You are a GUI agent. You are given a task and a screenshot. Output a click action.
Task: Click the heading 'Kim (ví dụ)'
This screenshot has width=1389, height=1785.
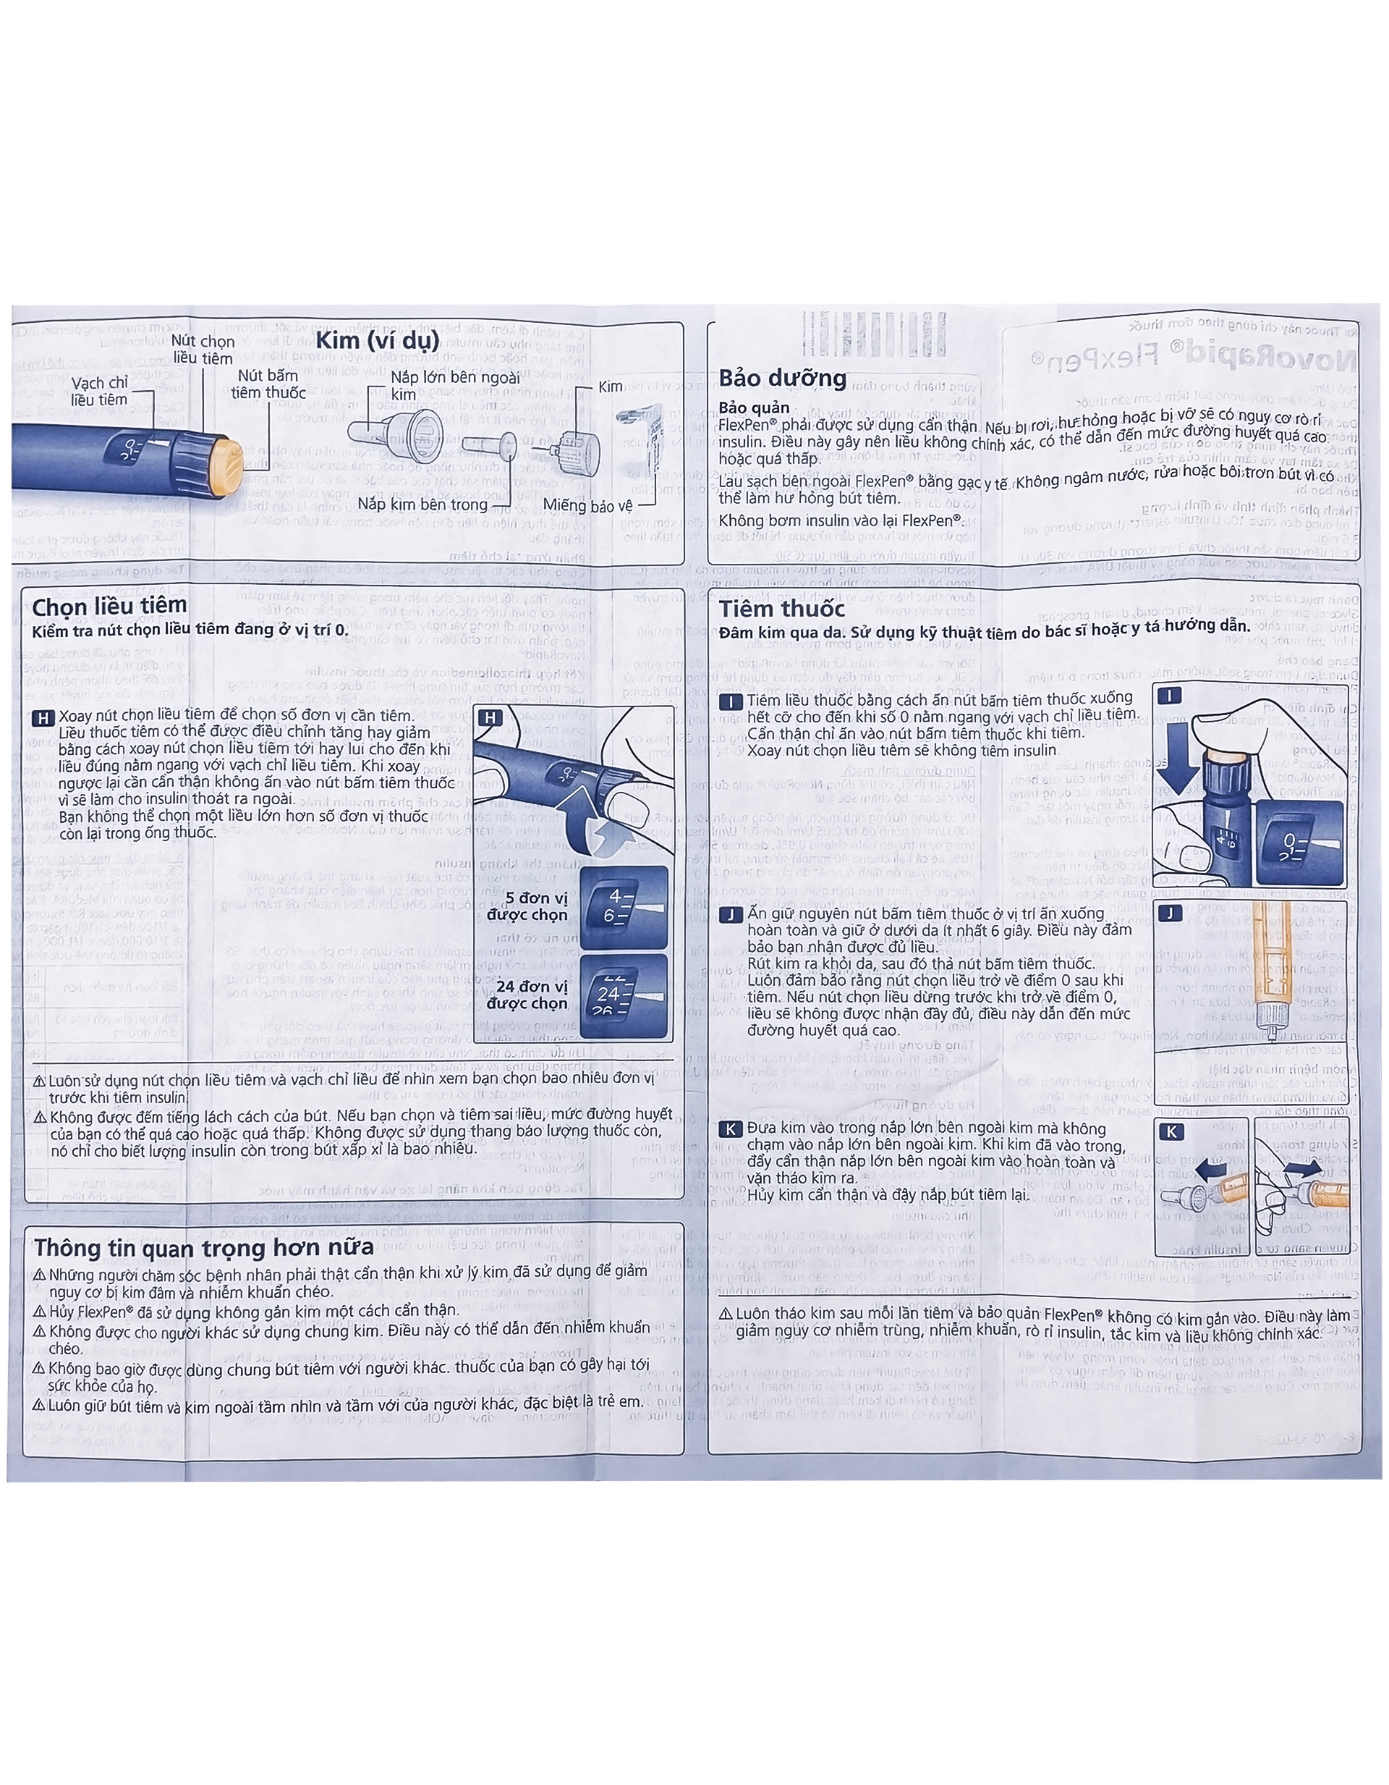point(378,340)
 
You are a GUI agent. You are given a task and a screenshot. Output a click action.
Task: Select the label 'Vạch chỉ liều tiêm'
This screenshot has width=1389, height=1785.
point(99,392)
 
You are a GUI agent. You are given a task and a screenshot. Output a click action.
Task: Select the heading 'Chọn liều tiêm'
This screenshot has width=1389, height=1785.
point(109,606)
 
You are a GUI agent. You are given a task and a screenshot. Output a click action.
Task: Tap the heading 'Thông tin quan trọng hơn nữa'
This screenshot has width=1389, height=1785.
point(204,1247)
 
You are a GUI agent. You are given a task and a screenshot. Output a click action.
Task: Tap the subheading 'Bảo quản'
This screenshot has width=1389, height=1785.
point(753,407)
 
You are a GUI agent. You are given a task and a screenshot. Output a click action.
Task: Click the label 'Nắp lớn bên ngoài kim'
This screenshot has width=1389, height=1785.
point(454,385)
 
